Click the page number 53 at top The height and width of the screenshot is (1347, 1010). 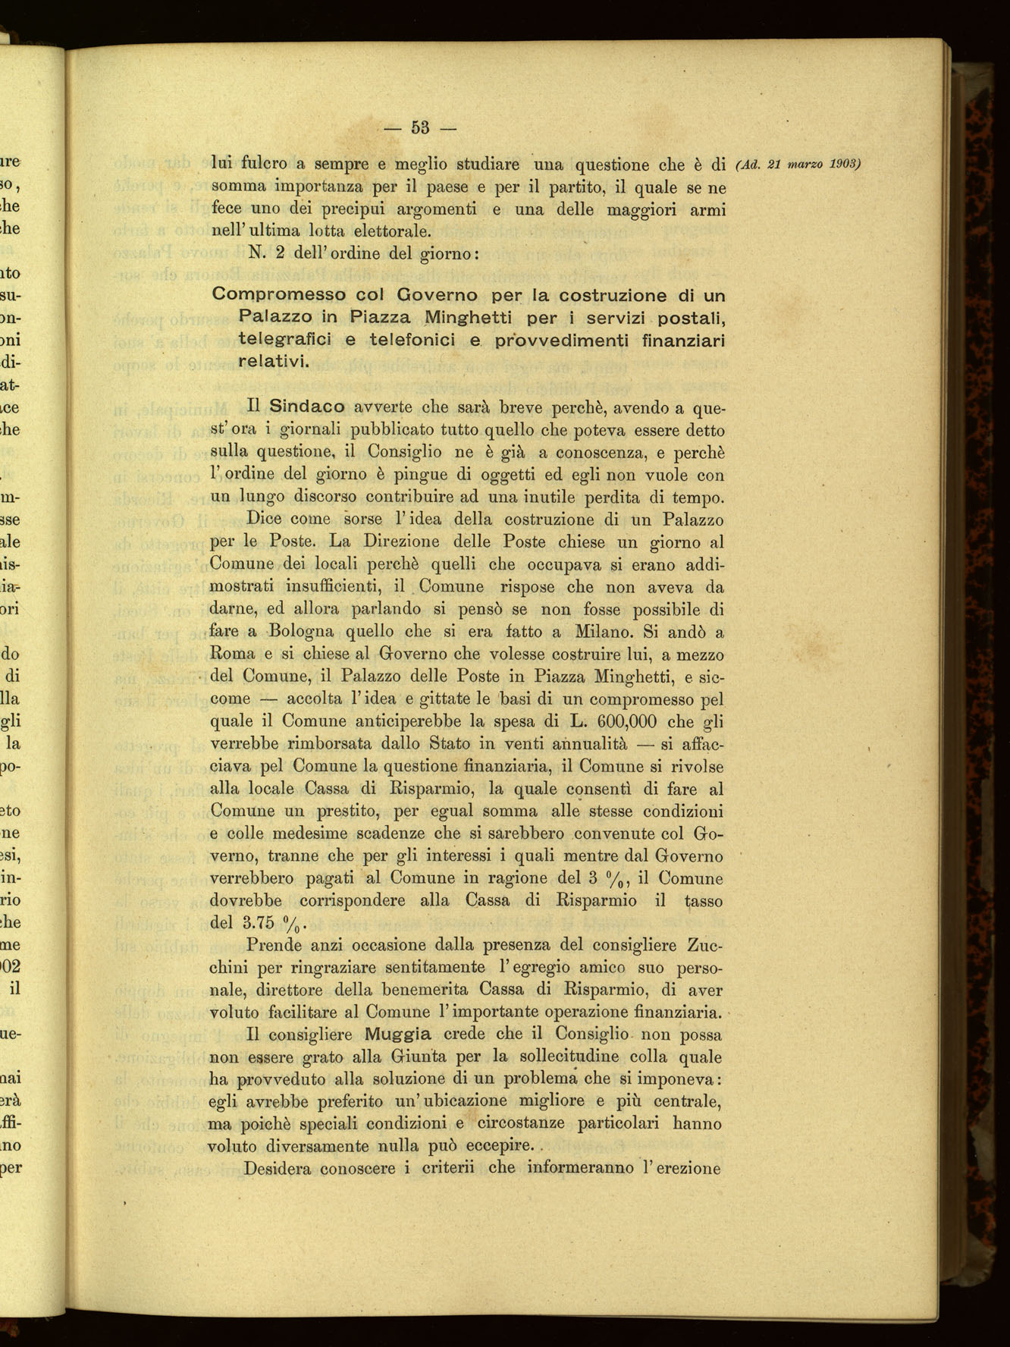tap(421, 127)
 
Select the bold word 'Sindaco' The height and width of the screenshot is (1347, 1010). tap(307, 407)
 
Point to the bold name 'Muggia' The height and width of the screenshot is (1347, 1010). tap(397, 1034)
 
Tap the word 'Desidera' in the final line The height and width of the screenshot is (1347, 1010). tap(277, 1168)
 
